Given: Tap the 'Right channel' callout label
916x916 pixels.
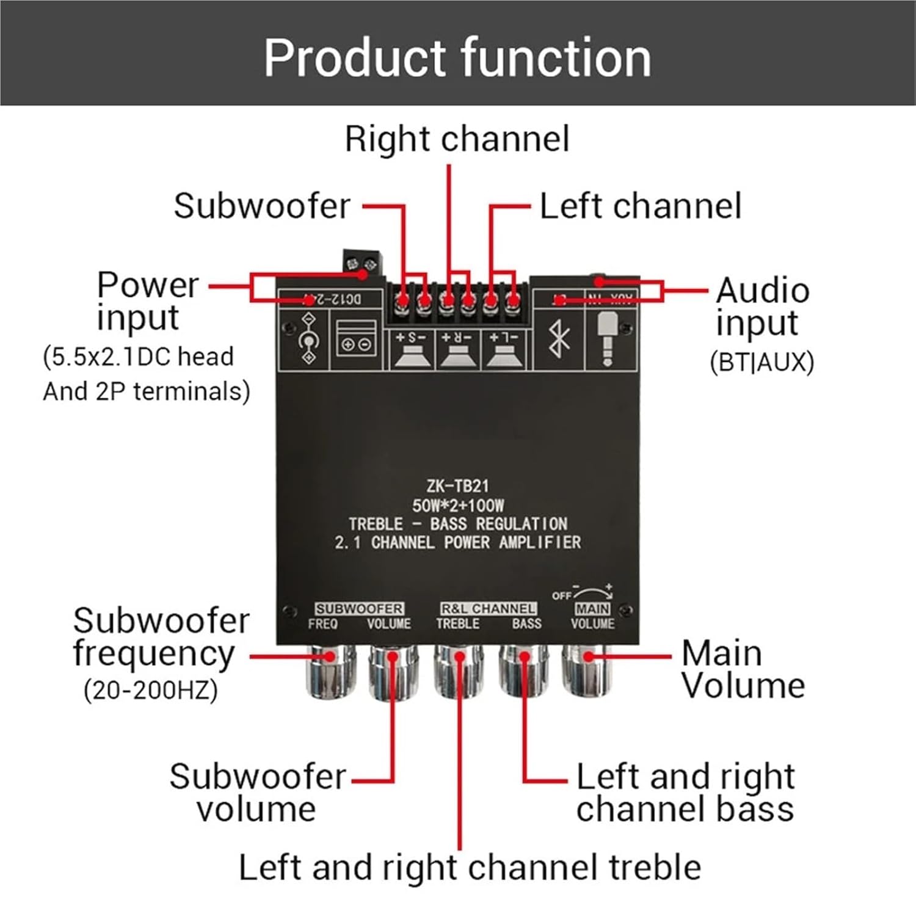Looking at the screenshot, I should [457, 139].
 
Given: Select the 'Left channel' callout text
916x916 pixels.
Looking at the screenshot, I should [640, 206].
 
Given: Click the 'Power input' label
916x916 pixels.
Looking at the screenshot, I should [147, 302].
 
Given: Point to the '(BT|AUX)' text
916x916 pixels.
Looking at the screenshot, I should [762, 362].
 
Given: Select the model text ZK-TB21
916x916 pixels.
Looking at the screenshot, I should [457, 486].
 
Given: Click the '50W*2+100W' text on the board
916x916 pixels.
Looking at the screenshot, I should [457, 505].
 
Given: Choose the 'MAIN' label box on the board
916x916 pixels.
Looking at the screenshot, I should [592, 609].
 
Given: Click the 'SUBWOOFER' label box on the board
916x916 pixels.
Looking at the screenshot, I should [359, 609].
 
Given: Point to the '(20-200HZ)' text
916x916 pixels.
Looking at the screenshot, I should [150, 691].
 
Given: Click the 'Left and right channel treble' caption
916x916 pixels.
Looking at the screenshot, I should [469, 868].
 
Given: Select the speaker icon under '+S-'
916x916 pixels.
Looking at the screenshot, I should [412, 355].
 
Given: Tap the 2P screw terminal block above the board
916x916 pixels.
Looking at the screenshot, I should [362, 263].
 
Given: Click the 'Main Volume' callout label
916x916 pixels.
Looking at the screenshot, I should [742, 670].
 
